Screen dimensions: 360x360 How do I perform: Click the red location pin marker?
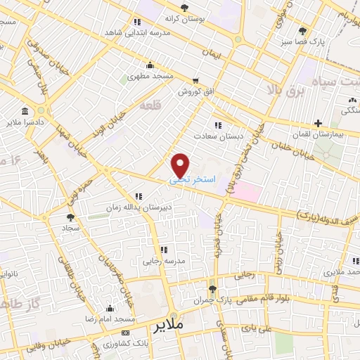181,165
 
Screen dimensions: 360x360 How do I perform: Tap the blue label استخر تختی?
190,181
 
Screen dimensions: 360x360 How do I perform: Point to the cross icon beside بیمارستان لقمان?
319,123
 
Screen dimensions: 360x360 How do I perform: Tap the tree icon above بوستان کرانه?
184,8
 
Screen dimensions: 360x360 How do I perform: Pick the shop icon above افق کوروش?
196,80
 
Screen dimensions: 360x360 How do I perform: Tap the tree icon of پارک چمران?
211,290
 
